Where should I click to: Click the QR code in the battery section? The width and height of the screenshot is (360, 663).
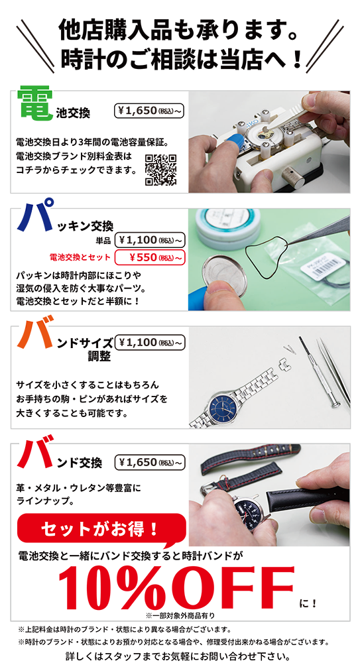[161, 170]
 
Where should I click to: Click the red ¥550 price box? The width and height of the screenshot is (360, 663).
[149, 257]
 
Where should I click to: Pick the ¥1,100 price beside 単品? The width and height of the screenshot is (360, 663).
[149, 239]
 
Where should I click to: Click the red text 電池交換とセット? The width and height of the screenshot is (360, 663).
[80, 257]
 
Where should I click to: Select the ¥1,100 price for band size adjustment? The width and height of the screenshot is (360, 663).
[149, 343]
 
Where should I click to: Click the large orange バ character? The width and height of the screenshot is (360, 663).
[34, 337]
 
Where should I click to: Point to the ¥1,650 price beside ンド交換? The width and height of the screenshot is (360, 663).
[149, 461]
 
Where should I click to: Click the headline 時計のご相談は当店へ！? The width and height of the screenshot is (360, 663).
[180, 59]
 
